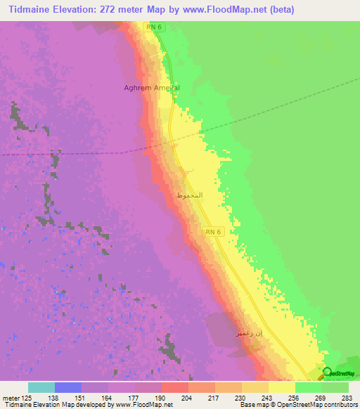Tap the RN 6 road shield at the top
pos(154,26)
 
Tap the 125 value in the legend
pos(27,398)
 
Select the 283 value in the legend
pos(349,398)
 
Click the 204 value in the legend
pos(188,398)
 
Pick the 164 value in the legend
pos(108,398)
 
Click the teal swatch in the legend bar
pos(41,387)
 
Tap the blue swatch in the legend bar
pos(67,387)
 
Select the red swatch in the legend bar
pos(174,387)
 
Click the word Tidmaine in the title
pos(32,10)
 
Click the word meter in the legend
pos(11,398)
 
